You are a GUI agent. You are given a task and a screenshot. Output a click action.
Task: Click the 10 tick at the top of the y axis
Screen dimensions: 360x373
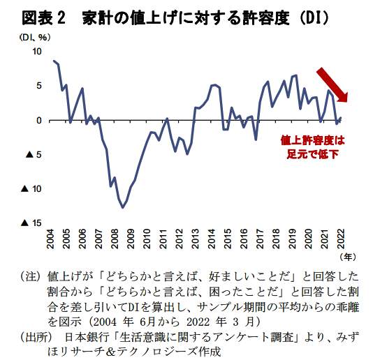[37, 52]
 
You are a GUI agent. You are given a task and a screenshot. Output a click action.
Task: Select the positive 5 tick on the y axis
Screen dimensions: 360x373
[39, 86]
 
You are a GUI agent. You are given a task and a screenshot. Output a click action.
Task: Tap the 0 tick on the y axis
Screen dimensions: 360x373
[39, 120]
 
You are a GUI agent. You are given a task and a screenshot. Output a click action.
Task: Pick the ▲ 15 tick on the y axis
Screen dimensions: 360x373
[32, 223]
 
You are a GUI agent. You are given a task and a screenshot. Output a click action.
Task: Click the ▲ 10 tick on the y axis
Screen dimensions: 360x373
[32, 188]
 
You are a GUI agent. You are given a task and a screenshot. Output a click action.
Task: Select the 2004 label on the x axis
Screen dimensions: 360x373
[51, 238]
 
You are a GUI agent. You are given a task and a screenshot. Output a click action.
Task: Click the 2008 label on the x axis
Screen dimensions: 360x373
[115, 238]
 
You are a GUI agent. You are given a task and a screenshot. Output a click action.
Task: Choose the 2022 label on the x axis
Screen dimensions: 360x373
[339, 238]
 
